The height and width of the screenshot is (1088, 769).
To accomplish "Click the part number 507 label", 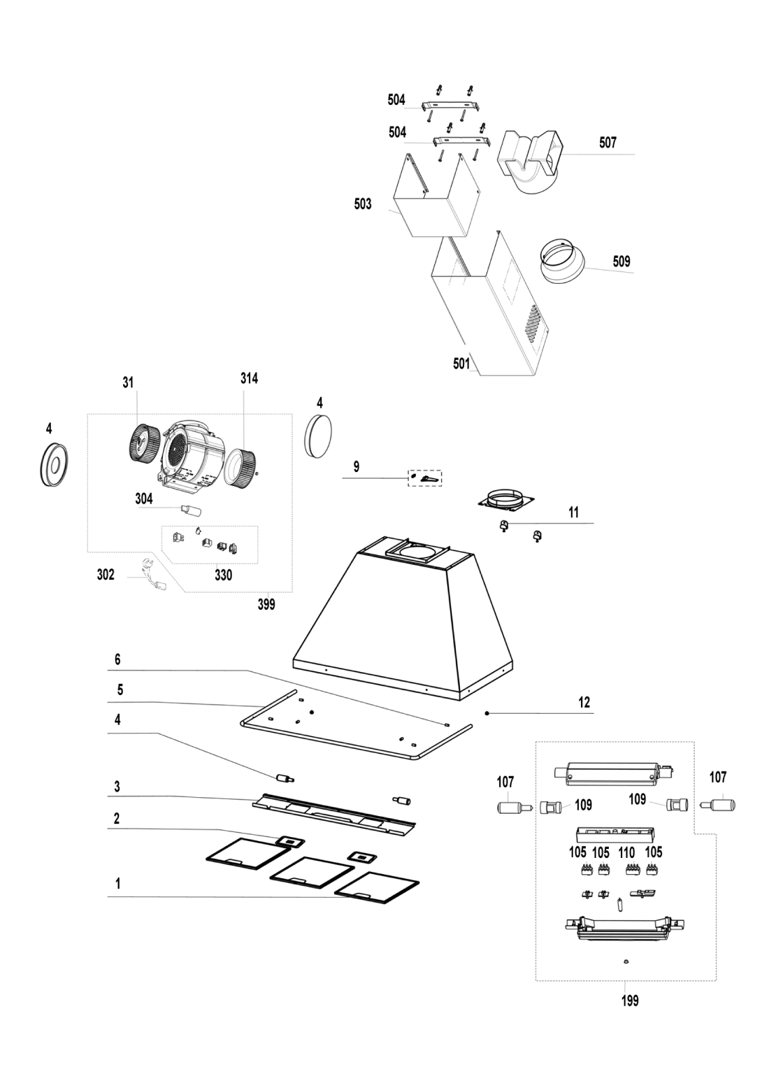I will (x=608, y=143).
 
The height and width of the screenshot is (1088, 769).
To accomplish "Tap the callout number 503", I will (x=363, y=204).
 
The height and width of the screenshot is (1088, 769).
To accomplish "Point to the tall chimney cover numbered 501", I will (x=489, y=308).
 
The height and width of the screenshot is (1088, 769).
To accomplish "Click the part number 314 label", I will (x=249, y=378).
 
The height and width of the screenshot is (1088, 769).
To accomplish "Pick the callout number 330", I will (x=223, y=576).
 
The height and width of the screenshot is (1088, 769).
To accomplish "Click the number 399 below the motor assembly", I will (x=266, y=605).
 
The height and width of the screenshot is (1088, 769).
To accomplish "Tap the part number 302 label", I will (x=106, y=575).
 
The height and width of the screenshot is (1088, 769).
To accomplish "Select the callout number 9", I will (x=357, y=467).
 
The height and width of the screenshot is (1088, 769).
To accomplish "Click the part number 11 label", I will (x=573, y=513).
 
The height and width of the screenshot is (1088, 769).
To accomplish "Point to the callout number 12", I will (x=584, y=703).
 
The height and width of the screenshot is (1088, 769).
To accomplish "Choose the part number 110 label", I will (x=626, y=852).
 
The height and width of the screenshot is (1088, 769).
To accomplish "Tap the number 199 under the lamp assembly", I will (x=630, y=1001).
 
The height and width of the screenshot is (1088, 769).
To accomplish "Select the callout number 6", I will (x=117, y=659).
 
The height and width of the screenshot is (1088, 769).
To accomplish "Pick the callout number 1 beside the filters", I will (x=117, y=884).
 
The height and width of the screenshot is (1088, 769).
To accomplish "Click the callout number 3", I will (x=117, y=787).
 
